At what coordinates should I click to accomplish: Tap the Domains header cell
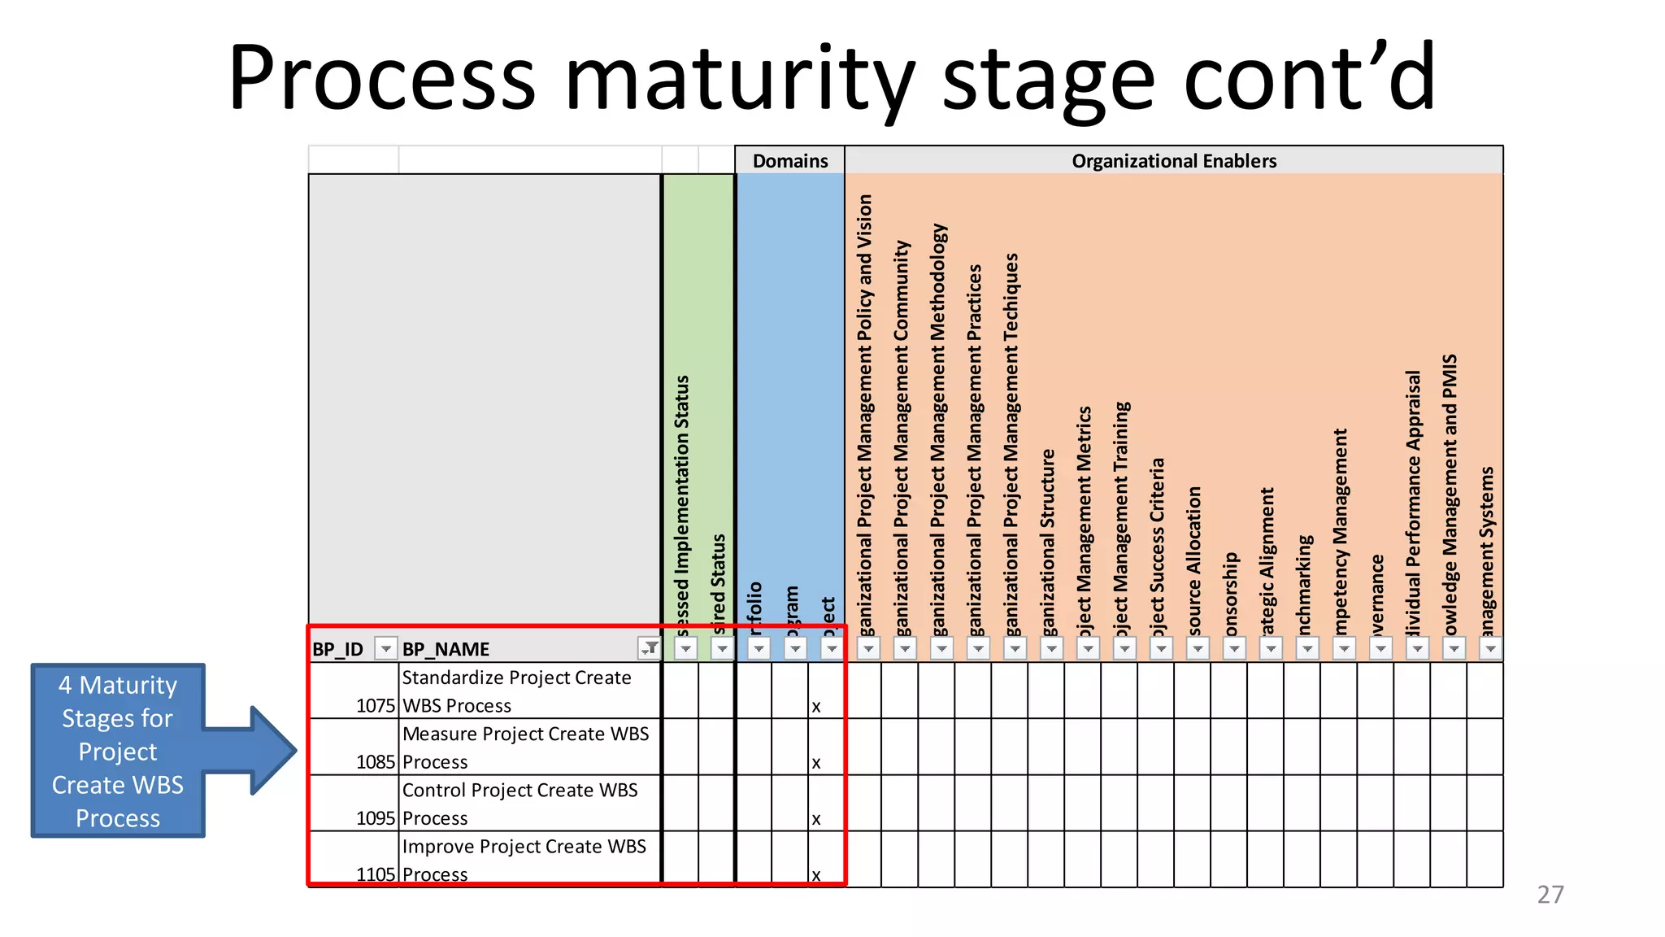click(789, 160)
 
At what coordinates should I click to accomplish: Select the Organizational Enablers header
click(1173, 160)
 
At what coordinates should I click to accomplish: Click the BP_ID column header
click(338, 649)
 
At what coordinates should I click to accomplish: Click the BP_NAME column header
click(446, 649)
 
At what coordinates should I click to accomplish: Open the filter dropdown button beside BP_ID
click(386, 649)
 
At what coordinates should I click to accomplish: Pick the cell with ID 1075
click(375, 705)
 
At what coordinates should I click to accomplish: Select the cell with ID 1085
click(375, 762)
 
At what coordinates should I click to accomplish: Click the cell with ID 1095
click(375, 818)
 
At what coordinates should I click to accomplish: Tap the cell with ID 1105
click(375, 874)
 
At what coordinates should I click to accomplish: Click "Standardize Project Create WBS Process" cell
click(528, 691)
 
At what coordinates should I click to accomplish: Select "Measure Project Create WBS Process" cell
click(528, 747)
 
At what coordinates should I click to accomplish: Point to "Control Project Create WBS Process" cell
click(528, 803)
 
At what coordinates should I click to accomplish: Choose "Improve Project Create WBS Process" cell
click(528, 859)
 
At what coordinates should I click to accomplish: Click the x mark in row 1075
click(816, 707)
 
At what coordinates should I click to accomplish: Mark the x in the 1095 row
click(816, 819)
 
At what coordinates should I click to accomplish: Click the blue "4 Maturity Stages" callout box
click(118, 750)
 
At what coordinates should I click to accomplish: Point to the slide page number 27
click(1550, 894)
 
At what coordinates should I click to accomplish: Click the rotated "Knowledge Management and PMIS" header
click(1450, 496)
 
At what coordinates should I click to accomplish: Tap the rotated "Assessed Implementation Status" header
click(682, 504)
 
